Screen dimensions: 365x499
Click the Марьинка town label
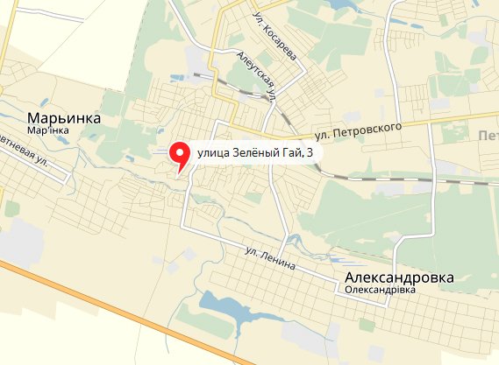[x=64, y=118]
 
